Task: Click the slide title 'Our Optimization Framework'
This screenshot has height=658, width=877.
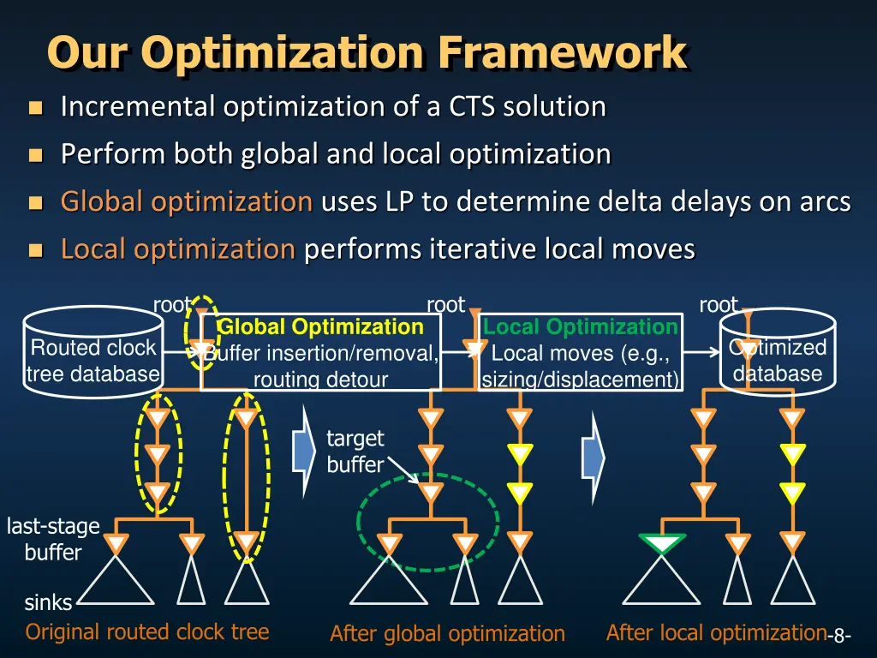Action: click(367, 53)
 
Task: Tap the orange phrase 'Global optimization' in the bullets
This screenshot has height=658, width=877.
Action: click(186, 202)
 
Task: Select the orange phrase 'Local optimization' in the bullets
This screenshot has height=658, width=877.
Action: click(177, 250)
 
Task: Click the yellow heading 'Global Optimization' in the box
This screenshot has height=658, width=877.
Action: click(320, 327)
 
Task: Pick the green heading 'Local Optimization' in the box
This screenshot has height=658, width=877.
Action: click(581, 327)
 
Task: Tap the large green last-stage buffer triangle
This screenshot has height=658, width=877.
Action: click(662, 544)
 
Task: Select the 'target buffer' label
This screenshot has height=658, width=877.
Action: click(355, 452)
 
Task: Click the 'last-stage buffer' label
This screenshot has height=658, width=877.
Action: click(53, 539)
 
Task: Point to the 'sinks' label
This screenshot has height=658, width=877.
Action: click(47, 603)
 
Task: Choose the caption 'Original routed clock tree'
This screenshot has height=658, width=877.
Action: click(147, 632)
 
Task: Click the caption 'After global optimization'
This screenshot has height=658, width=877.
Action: click(447, 634)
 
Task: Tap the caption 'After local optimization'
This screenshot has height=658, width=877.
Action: click(714, 633)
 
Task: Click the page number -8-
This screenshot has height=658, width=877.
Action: click(838, 636)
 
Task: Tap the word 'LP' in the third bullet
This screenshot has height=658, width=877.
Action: click(398, 202)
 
